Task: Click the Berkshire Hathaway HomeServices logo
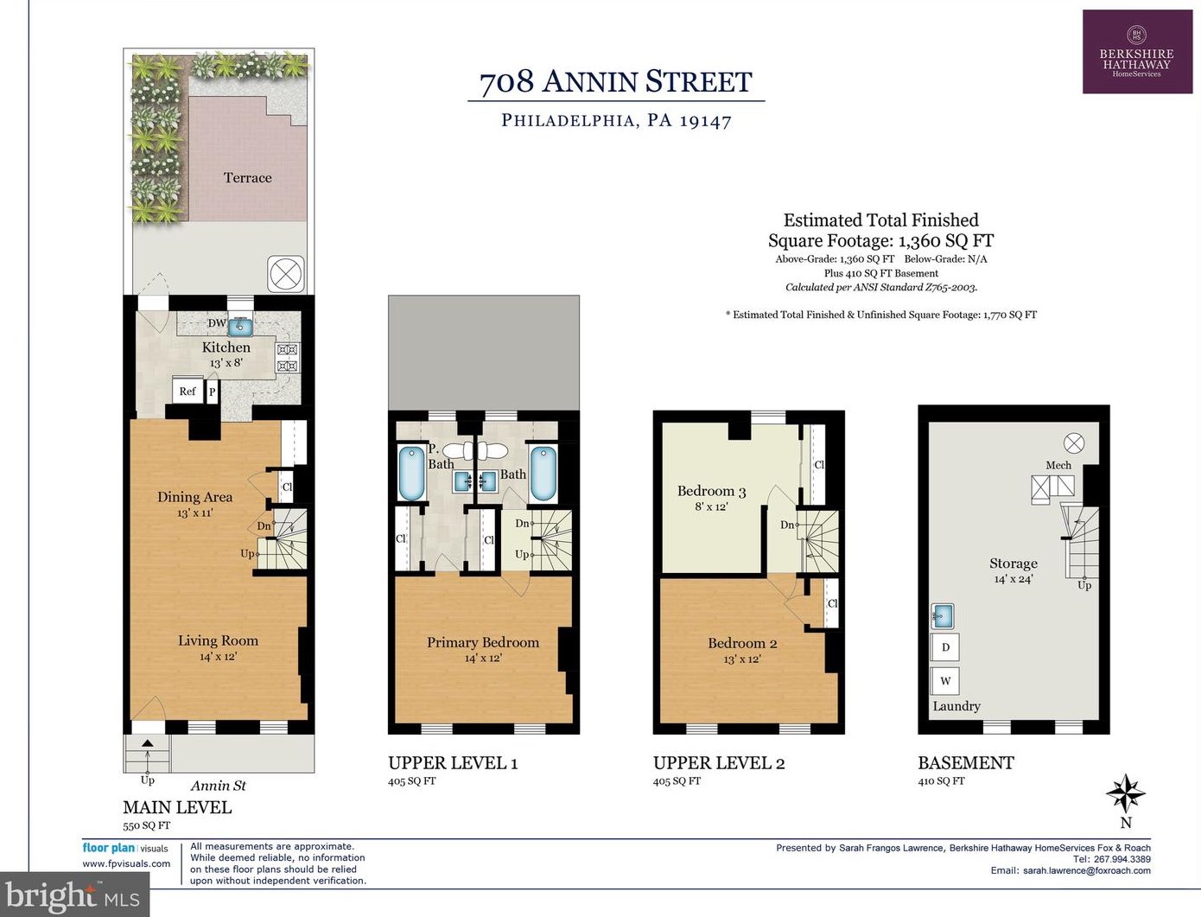1138,52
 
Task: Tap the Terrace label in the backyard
247,178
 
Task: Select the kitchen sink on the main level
239,328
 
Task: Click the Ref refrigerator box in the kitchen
187,392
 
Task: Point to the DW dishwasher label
217,323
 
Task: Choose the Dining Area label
194,497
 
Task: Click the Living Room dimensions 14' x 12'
218,657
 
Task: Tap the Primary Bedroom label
483,642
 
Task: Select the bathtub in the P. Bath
411,474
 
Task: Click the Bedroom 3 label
711,491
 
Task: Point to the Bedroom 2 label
742,643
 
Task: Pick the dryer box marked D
945,647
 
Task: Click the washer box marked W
945,681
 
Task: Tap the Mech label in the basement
1058,465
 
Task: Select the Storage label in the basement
1014,563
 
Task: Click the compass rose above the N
1126,793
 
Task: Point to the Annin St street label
219,786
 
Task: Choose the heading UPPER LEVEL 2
719,762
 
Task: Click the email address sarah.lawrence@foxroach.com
1087,870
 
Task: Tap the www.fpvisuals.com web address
126,864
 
